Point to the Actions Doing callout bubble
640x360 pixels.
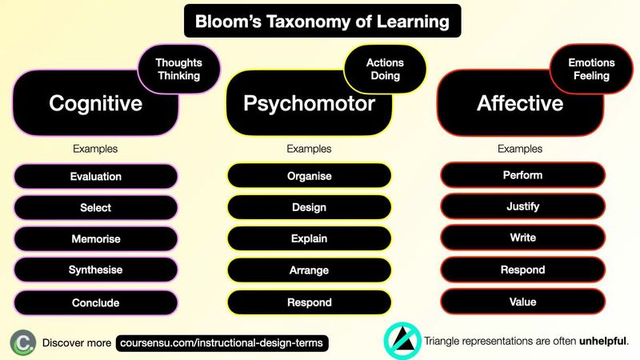pos(386,69)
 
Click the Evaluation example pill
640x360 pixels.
pos(95,176)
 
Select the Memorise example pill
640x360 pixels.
pos(95,238)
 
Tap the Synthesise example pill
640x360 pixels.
pos(95,270)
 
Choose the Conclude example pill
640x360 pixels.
pos(95,302)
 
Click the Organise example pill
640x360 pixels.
pos(310,176)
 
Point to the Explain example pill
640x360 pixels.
pos(310,238)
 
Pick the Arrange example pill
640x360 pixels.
pos(310,270)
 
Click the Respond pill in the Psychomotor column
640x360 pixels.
pos(310,302)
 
